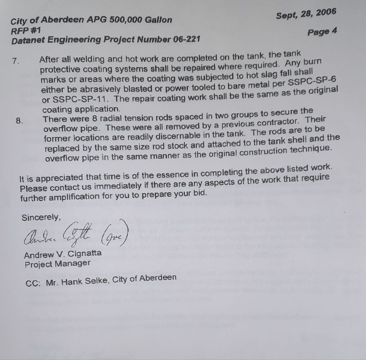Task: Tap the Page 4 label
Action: [322, 31]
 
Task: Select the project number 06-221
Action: [186, 38]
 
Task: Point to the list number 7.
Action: [15, 61]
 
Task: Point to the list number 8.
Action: [20, 120]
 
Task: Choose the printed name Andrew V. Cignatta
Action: [63, 254]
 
